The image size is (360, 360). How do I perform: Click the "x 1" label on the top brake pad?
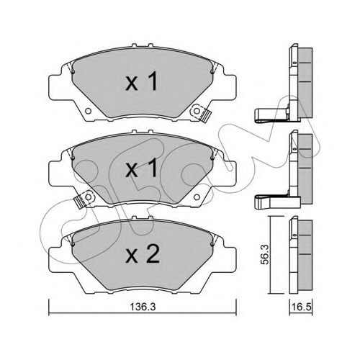(x=142, y=81)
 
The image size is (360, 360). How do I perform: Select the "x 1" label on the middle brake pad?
(x=142, y=168)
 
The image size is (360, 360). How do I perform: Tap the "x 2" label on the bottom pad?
(x=143, y=254)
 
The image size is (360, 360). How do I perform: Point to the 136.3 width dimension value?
(x=143, y=307)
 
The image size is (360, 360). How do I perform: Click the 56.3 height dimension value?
(x=264, y=254)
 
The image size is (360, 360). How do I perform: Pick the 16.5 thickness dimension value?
(x=302, y=307)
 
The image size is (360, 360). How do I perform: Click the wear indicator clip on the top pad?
(x=201, y=113)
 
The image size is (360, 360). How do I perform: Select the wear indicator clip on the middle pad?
(x=84, y=198)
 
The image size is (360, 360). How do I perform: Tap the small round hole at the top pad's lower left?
(x=89, y=111)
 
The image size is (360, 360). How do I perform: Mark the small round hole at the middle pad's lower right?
(x=197, y=197)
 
